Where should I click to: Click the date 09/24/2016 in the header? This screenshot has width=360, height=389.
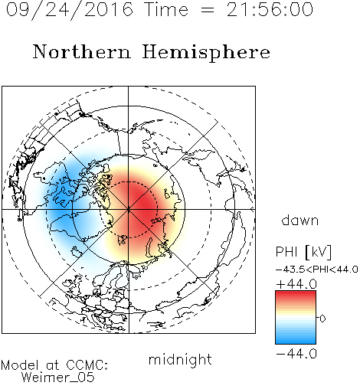pos(69,9)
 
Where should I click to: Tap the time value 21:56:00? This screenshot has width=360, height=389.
pos(270,9)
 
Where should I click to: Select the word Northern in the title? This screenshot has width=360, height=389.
pos(82,52)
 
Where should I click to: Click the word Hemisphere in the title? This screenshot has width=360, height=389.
pos(206,52)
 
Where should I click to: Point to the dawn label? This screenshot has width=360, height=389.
pos(300,220)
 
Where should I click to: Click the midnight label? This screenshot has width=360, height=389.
pos(180,359)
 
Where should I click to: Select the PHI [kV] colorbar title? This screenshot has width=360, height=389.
pos(303,252)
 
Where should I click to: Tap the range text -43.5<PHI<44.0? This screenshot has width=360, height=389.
pos(317,270)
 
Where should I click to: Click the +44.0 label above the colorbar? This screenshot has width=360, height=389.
pos(296,284)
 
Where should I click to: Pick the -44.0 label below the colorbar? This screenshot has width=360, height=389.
pos(296,354)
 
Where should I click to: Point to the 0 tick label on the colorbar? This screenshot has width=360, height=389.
pos(322,319)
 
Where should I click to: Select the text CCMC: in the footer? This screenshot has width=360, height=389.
pos(87,365)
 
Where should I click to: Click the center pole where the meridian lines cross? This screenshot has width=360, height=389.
pos(129,210)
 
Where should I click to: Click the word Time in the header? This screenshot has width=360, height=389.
pos(166,9)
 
